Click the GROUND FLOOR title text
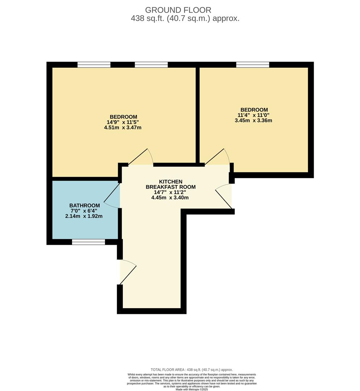(178, 10)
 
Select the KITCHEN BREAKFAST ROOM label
(170, 184)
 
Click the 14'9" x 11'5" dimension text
(123, 122)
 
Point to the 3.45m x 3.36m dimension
(254, 121)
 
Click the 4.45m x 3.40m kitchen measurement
(170, 198)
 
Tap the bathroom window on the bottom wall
(88, 242)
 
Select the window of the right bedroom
(252, 65)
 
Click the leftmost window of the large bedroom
(94, 65)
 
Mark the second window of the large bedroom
(151, 65)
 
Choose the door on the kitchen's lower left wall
(127, 272)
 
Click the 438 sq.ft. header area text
(185, 19)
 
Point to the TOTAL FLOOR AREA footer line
(192, 370)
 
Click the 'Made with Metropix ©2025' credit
(192, 389)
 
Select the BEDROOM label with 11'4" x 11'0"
(254, 110)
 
